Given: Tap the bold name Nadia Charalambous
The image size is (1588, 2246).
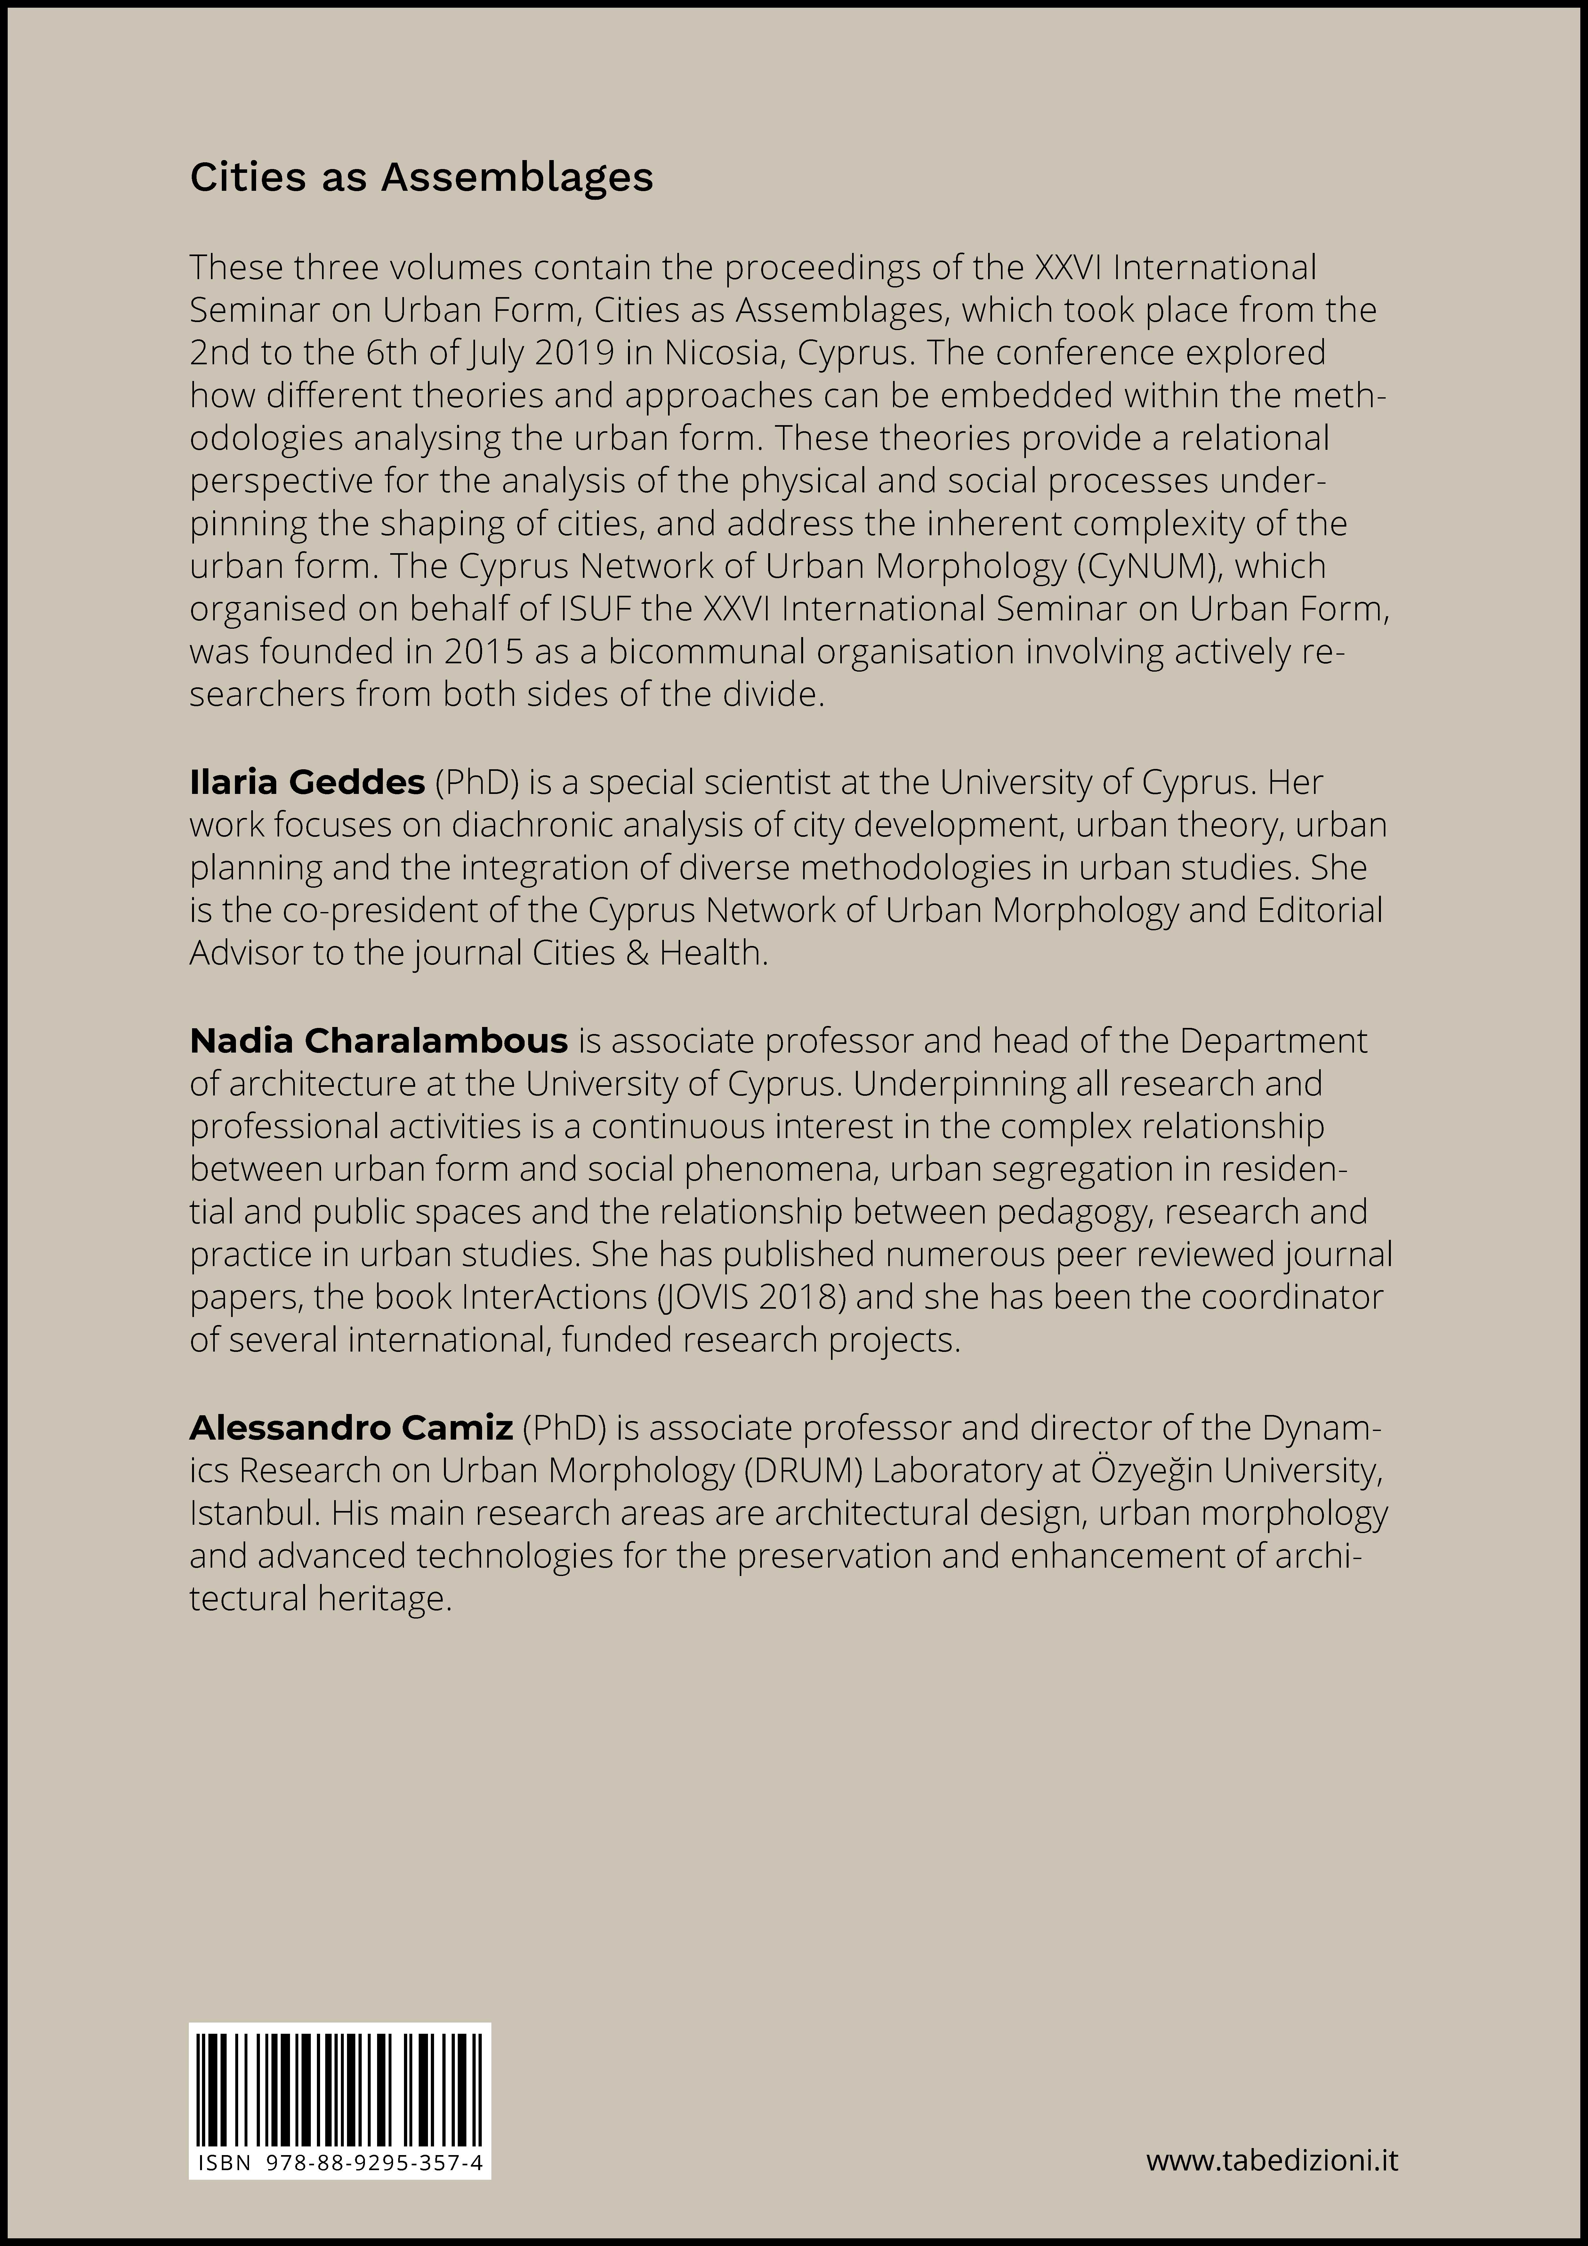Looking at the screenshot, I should (379, 1041).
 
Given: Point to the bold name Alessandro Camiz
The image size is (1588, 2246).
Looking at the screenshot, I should (351, 1428).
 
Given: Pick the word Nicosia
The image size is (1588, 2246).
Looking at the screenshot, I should (719, 352).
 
